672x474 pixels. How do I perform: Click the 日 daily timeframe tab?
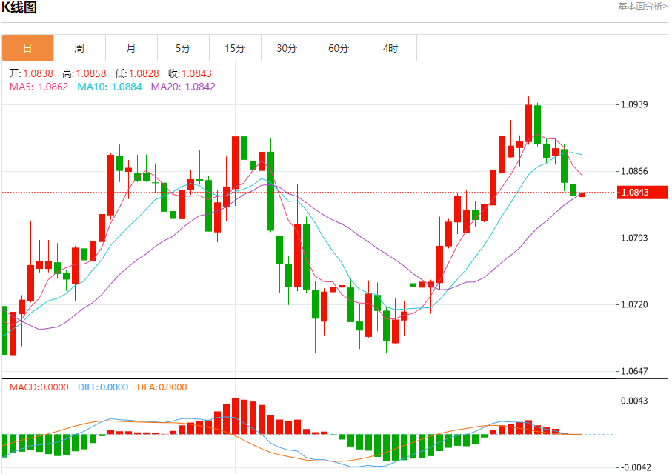pos(28,48)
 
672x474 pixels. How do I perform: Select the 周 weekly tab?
pos(79,48)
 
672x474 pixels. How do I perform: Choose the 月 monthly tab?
pos(131,48)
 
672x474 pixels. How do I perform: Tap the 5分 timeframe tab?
pos(183,48)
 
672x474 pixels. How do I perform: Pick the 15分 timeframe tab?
pos(235,48)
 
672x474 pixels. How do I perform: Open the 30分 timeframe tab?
pos(287,48)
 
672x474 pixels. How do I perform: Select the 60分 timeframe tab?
pos(339,48)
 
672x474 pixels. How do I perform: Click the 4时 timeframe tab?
pos(390,48)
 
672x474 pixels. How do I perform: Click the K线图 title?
pos(19,7)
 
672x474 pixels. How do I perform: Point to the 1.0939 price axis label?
pos(634,104)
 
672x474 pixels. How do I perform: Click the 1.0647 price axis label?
pos(634,371)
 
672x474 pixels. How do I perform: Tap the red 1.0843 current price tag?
pos(642,193)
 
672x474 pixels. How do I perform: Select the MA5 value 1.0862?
pos(53,87)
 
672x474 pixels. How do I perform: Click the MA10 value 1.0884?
pos(127,87)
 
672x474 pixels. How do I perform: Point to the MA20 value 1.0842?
pos(200,87)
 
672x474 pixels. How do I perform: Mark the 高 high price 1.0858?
pos(91,74)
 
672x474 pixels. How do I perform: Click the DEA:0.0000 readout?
pos(162,387)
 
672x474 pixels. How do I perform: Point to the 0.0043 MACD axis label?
pos(634,401)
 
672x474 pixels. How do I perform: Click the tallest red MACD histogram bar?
pos(235,416)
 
